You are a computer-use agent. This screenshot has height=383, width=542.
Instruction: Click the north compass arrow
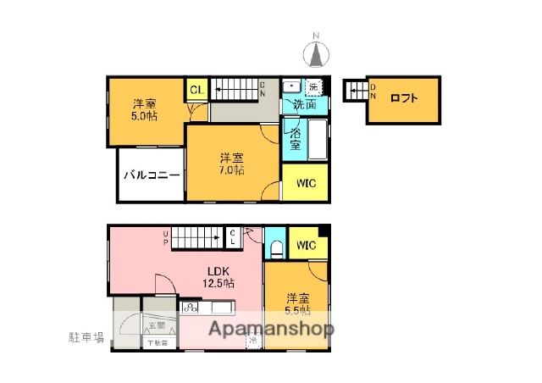point(318,53)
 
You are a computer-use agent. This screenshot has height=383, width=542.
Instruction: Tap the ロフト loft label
point(404,98)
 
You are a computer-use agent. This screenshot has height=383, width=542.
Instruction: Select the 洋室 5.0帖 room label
point(142,110)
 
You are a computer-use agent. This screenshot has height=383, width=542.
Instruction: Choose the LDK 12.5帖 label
point(217,277)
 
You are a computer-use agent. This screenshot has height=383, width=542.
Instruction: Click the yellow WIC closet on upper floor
point(306,183)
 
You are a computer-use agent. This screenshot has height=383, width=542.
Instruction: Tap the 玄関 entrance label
point(158,325)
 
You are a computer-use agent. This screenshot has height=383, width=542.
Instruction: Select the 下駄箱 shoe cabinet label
point(158,343)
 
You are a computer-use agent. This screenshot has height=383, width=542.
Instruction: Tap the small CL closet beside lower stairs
point(233,236)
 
